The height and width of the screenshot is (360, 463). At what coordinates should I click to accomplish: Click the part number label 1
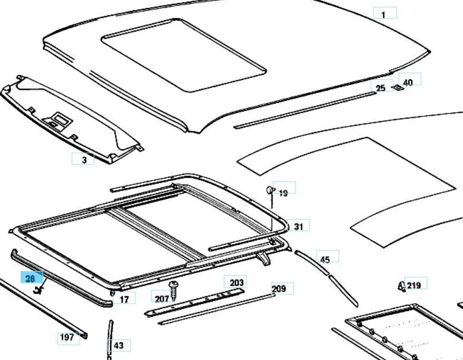click(384, 14)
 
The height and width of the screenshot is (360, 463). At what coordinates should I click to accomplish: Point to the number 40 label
click(409, 81)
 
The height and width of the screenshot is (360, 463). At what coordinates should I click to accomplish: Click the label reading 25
click(381, 88)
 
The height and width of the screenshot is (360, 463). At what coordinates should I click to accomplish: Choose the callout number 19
click(283, 193)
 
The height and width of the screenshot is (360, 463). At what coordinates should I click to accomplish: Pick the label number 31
click(299, 227)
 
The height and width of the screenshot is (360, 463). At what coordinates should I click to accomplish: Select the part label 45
click(325, 259)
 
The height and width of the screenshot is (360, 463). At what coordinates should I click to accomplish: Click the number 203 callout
click(237, 283)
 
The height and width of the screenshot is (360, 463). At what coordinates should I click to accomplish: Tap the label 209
click(279, 288)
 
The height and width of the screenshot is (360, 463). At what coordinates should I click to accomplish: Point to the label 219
click(414, 285)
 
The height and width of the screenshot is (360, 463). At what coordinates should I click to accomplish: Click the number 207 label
click(162, 299)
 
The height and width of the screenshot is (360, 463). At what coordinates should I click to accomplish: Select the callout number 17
click(124, 299)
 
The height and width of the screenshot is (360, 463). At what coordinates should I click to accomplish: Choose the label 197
click(67, 337)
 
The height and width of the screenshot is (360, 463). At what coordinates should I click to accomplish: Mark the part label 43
click(119, 345)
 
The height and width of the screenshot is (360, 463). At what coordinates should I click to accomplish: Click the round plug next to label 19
click(269, 189)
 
